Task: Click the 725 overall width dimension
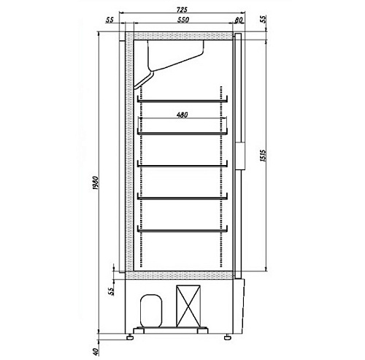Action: point(182,9)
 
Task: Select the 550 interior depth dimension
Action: point(182,20)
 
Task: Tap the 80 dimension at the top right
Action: point(239,20)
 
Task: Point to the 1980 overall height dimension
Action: point(95,183)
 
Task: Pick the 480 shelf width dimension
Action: point(182,115)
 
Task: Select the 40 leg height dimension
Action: point(96,351)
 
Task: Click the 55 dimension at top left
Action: point(109,20)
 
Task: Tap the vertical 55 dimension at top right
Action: point(264,19)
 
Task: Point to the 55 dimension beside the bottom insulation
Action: point(111,291)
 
